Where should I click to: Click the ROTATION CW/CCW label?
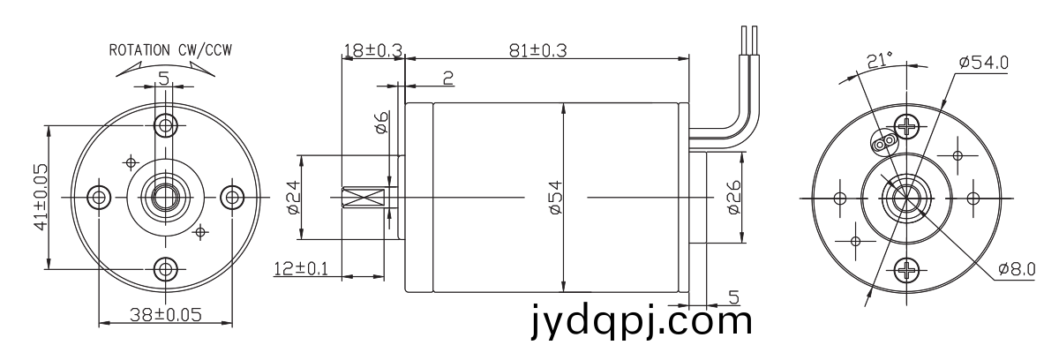(170, 50)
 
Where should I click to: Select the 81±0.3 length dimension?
(537, 50)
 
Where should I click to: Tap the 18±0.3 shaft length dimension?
(372, 50)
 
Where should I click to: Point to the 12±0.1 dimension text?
(301, 269)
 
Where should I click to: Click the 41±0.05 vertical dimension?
(41, 197)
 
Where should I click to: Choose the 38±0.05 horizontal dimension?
(166, 315)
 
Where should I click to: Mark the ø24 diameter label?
(294, 198)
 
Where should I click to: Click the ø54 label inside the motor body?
(556, 198)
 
